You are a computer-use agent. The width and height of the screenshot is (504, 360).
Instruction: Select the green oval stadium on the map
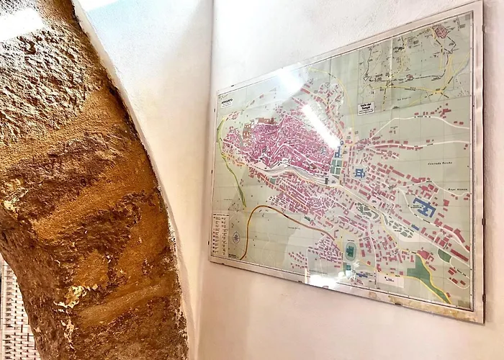pos(351,251)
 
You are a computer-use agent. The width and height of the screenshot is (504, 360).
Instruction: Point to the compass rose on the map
pos(235,237)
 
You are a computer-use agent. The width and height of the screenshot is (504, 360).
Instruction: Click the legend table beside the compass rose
pos(220,234)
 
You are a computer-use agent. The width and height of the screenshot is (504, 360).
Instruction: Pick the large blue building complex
pos(425,209)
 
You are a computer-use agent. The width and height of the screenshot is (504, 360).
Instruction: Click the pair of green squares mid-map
pos(336,166)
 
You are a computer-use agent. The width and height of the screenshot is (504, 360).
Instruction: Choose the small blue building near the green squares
pos(359,173)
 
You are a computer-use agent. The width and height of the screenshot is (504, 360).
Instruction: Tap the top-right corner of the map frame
pos(478,4)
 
